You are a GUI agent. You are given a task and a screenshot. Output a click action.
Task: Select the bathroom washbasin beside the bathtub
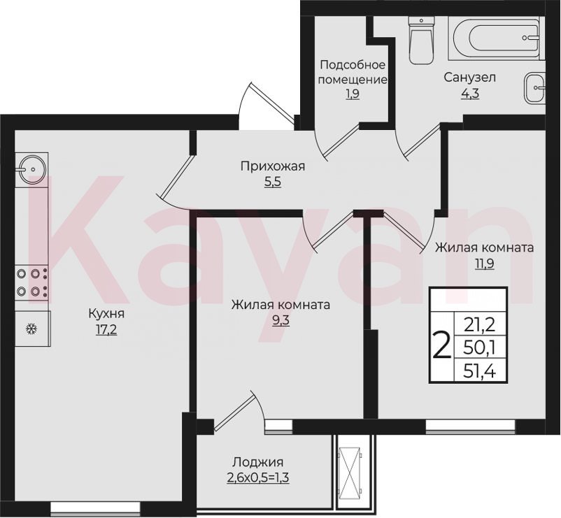tap(535, 87)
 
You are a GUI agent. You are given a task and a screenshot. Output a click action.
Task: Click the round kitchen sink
tap(32, 168)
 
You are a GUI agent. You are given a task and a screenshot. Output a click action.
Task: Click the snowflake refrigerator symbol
tap(32, 329)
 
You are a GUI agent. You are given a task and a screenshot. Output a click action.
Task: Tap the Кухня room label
tap(106, 314)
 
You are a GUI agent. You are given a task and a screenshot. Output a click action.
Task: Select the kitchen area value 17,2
tap(106, 329)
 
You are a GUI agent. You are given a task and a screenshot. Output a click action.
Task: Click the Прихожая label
tap(273, 166)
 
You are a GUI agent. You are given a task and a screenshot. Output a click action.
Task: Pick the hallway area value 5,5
tap(273, 182)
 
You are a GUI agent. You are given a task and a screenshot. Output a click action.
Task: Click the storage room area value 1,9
tap(353, 94)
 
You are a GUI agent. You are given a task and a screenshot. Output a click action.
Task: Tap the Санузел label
tap(470, 77)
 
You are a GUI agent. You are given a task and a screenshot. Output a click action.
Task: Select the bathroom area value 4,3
tap(470, 93)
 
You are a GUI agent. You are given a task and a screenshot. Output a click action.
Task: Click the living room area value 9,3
tap(281, 320)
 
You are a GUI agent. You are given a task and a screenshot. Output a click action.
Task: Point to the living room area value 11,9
tap(485, 264)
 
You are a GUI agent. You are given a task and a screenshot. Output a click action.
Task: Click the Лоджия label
tap(258, 462)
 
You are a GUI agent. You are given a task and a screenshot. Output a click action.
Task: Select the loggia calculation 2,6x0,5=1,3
tap(258, 477)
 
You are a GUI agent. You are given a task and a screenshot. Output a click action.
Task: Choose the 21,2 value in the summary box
tap(479, 325)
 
